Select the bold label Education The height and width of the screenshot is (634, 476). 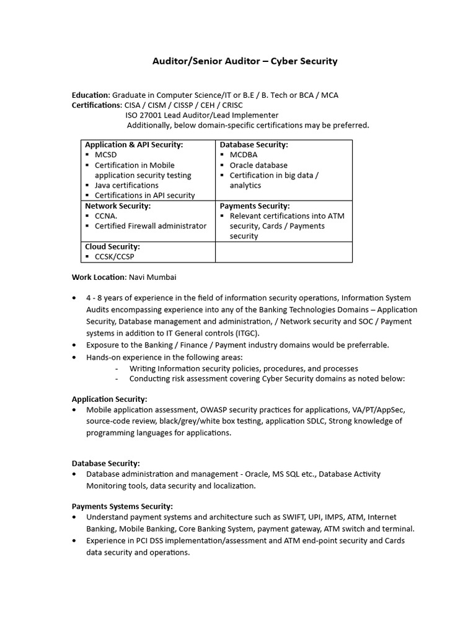90,95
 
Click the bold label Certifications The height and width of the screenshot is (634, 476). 97,105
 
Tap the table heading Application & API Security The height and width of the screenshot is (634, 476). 134,144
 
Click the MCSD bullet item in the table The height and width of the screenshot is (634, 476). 105,155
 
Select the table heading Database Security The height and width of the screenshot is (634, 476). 254,144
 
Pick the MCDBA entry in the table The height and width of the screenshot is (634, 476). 243,155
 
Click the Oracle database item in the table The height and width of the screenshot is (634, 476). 258,165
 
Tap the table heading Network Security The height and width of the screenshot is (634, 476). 118,206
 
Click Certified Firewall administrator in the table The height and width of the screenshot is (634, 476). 150,226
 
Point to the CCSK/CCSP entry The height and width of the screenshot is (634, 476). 114,256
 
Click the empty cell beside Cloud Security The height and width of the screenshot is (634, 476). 283,252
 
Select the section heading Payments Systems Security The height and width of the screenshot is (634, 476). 122,506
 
